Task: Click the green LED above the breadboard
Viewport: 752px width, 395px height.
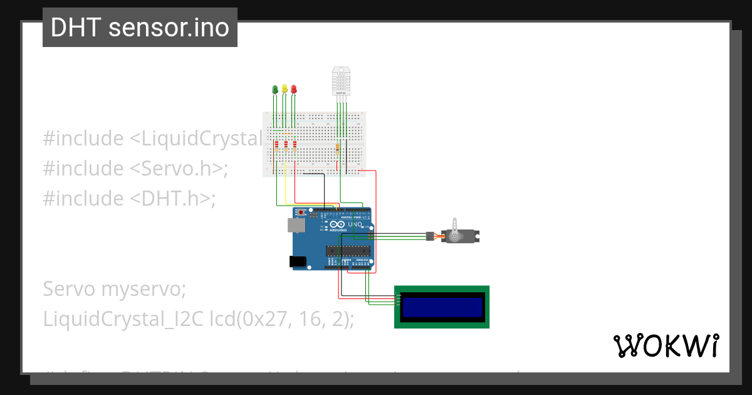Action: [x=274, y=89]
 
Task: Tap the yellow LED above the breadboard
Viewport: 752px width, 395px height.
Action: [x=285, y=88]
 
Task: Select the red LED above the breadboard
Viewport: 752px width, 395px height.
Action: [x=294, y=88]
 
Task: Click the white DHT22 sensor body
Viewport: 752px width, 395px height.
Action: [x=341, y=80]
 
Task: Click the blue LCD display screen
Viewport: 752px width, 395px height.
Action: [x=442, y=307]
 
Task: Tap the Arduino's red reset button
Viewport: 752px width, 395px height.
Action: [x=301, y=213]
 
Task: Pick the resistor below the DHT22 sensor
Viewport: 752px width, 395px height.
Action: [x=338, y=149]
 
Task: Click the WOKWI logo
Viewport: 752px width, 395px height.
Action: [x=665, y=345]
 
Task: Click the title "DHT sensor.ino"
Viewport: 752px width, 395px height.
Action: [x=140, y=28]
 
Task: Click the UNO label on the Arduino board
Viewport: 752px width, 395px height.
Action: [x=355, y=224]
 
